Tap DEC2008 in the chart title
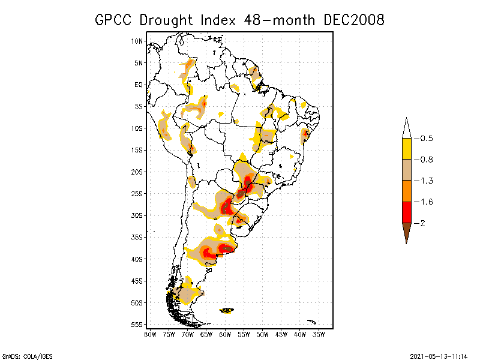click(x=353, y=20)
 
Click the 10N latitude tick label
click(x=137, y=41)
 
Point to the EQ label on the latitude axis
click(x=139, y=85)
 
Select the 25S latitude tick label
click(x=137, y=194)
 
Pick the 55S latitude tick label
click(x=137, y=325)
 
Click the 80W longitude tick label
click(x=150, y=334)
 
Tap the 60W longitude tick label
click(x=225, y=334)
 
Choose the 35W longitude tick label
click(x=319, y=334)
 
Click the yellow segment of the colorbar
click(x=406, y=149)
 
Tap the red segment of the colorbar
click(x=406, y=212)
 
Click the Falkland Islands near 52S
click(x=227, y=310)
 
